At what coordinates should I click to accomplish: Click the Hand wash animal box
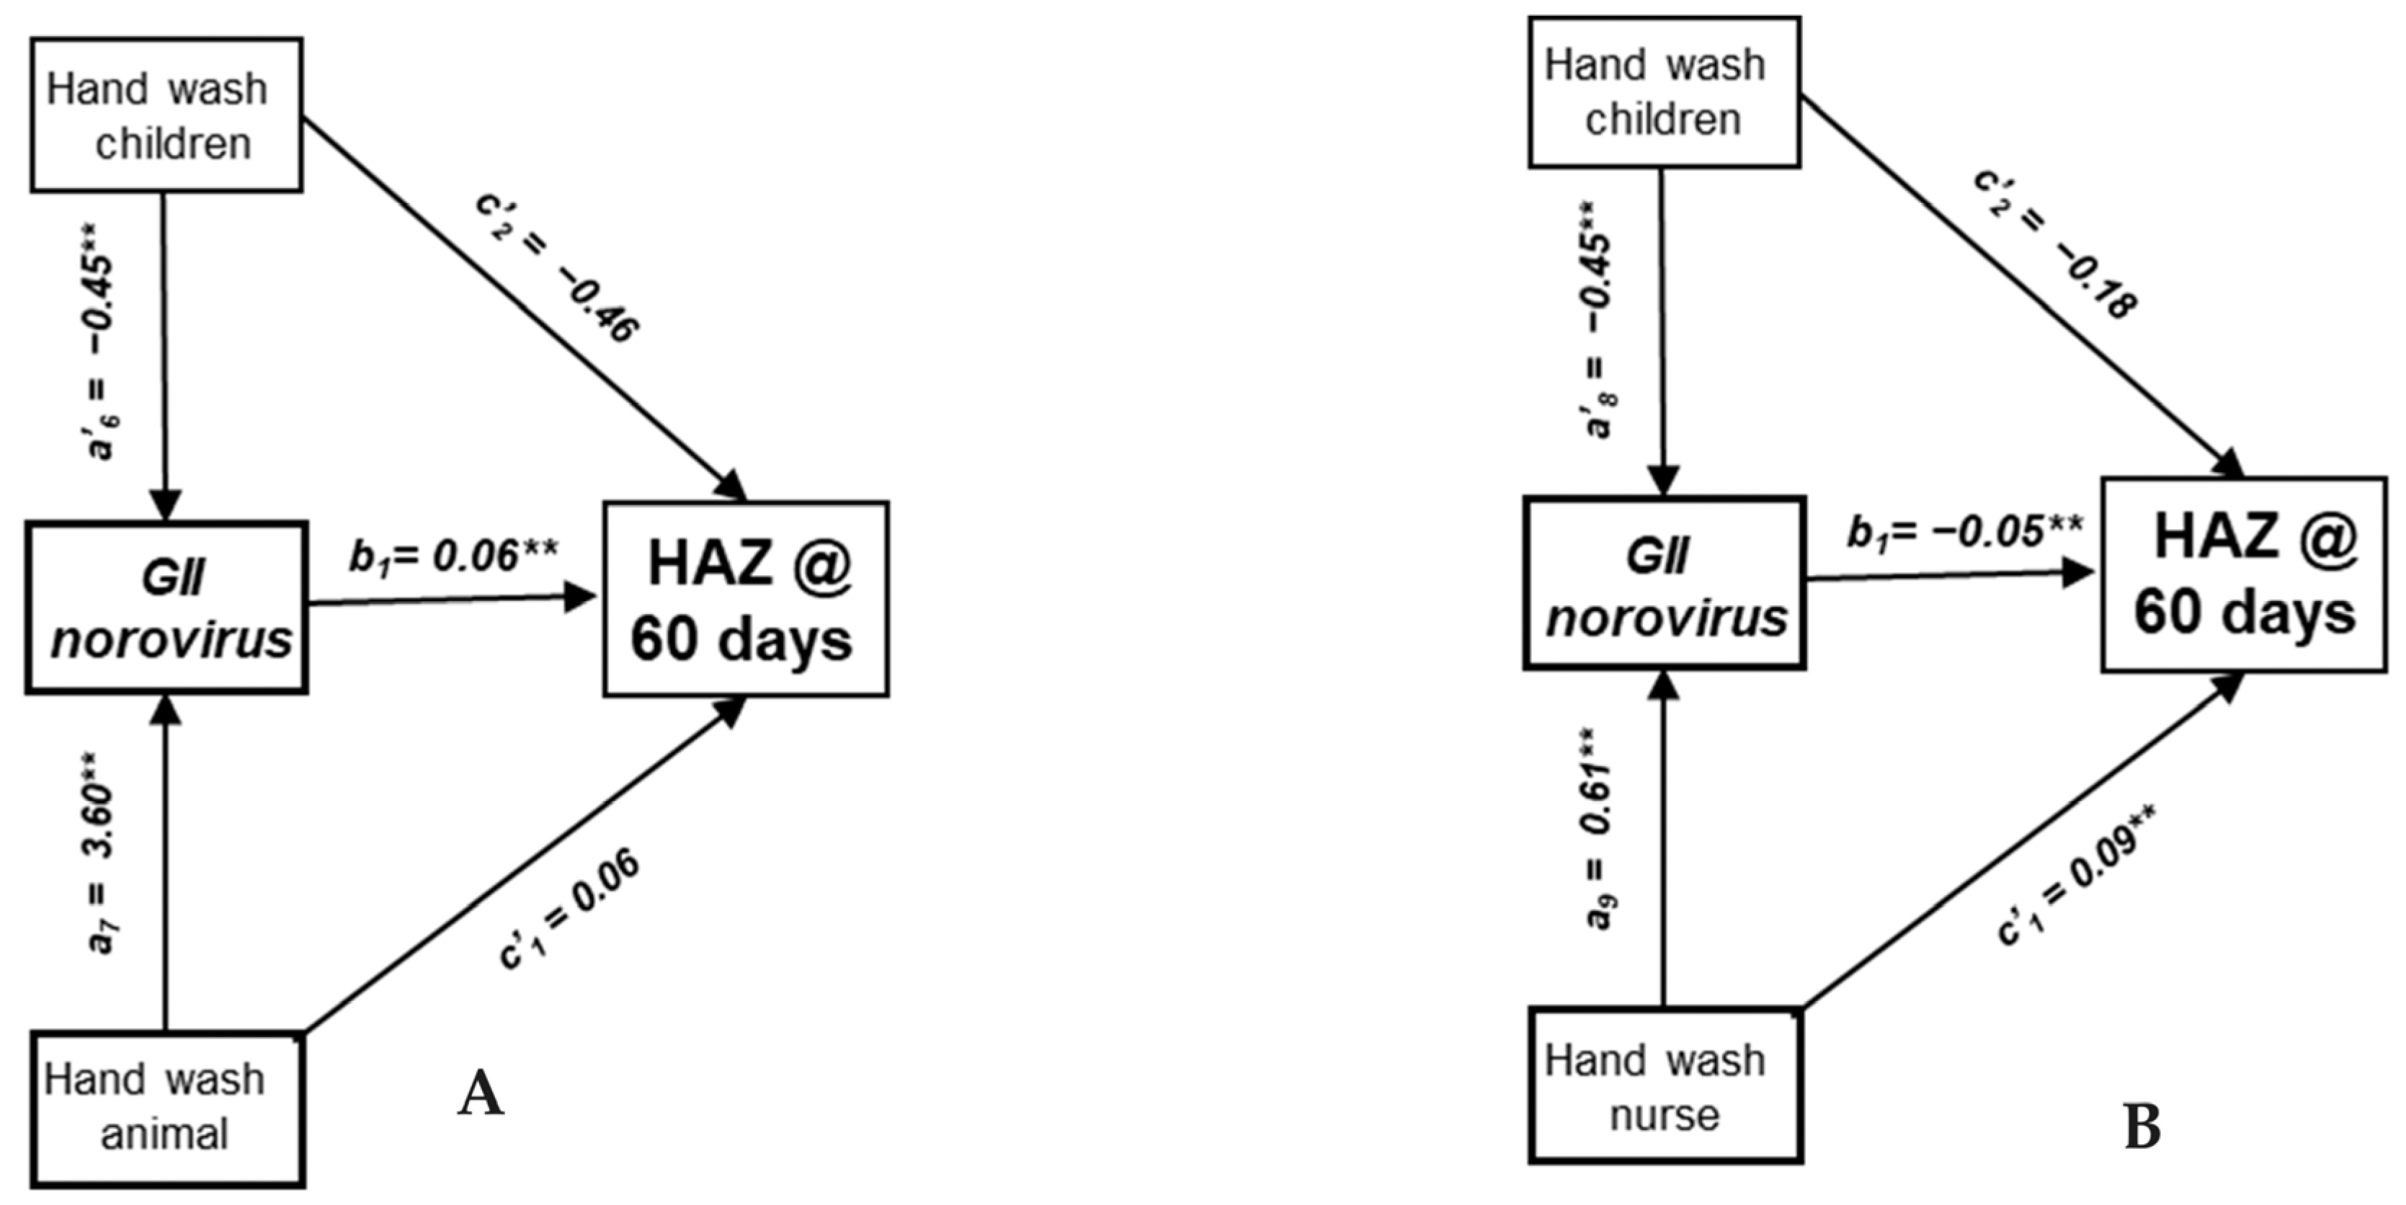coord(167,1108)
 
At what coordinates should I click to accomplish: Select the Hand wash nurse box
coord(1665,1085)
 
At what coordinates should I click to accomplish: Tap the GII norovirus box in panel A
coord(167,608)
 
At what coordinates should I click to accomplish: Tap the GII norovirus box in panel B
coord(1665,584)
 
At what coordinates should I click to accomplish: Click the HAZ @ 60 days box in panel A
coord(745,600)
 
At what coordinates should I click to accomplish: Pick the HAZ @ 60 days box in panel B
coord(2243,574)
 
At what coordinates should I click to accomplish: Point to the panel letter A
coord(481,1095)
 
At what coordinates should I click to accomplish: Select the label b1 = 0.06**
coord(454,558)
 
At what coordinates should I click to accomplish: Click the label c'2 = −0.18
coord(2055,245)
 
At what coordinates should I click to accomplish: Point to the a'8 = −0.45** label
coord(1599,319)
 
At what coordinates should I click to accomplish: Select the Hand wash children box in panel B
coord(1664,92)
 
